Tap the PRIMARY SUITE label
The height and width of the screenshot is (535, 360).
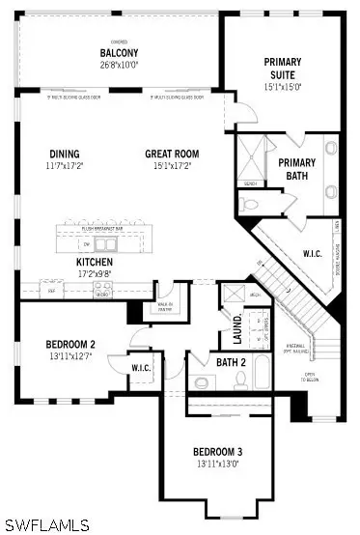coord(282,68)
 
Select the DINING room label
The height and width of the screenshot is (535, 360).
coord(65,155)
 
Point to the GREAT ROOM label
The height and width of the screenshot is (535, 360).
coord(172,155)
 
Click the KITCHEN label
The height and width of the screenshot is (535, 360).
coord(95,263)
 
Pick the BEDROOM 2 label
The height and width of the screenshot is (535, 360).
coord(69,344)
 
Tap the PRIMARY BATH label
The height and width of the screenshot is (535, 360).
coord(297,169)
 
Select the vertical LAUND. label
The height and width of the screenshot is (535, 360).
coord(237,327)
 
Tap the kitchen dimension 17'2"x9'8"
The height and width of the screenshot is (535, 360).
coord(95,274)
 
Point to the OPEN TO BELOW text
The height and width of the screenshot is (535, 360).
coord(311,376)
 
